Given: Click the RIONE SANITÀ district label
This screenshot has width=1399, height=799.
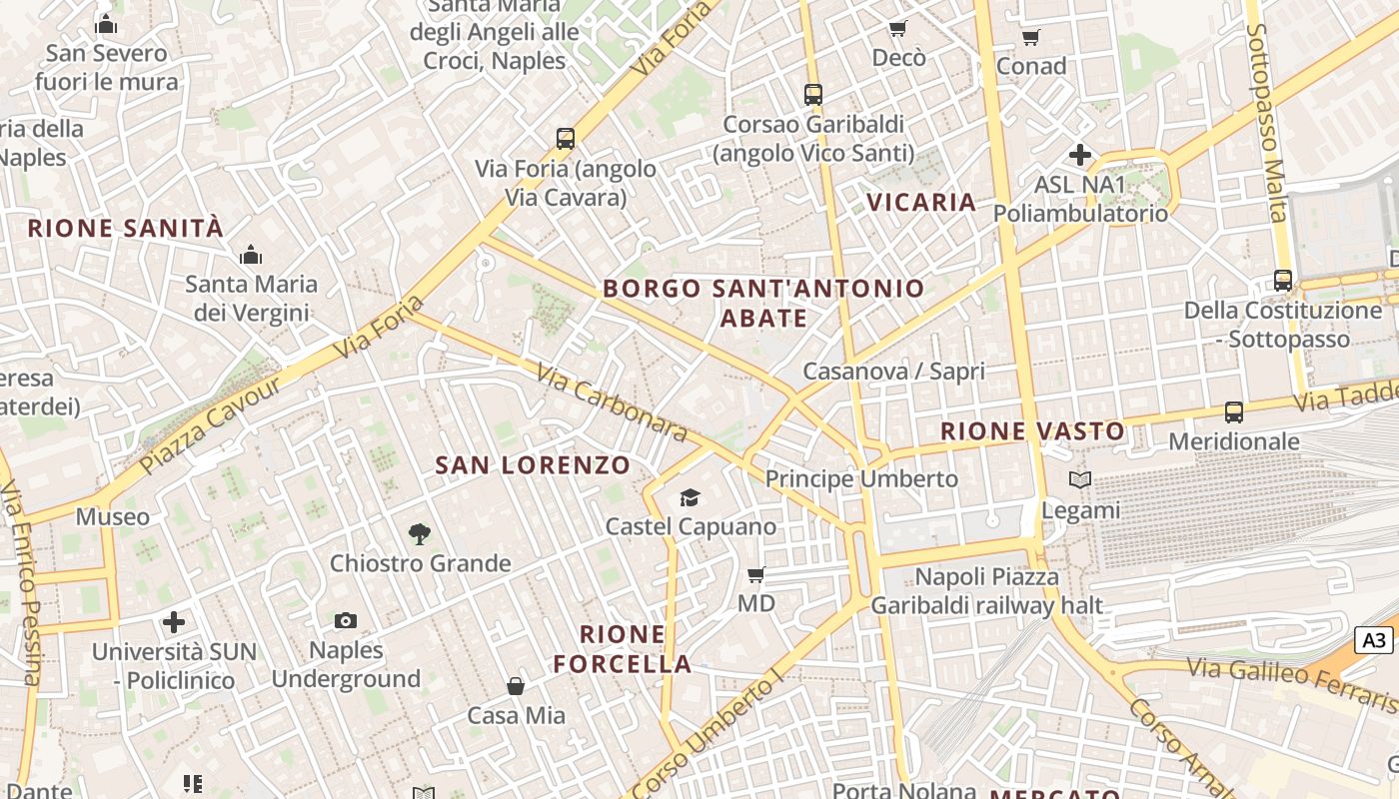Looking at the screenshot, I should (125, 228).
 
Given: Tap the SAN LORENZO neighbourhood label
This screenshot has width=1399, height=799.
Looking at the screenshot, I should (533, 464).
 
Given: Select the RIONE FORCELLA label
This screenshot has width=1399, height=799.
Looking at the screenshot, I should (623, 648).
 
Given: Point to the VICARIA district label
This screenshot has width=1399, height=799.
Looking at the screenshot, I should (921, 202).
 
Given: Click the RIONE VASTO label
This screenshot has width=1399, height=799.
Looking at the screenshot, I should (1032, 431).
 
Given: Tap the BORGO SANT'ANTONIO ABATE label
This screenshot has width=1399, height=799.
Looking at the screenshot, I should (764, 303).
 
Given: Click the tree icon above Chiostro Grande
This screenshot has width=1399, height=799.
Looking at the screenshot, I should (420, 534).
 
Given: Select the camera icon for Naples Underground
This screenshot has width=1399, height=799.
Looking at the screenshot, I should (346, 621).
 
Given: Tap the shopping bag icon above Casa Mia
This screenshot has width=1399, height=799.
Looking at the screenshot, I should (516, 686).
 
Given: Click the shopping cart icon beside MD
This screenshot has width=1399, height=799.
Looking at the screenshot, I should (756, 574).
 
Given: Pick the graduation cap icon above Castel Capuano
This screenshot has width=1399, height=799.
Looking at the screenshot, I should (690, 497).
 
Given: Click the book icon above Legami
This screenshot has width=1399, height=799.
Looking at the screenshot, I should (1080, 480).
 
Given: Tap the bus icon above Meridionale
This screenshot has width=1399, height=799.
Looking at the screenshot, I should (1234, 411).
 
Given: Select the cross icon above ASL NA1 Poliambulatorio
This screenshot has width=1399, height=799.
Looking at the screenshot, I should (1080, 155).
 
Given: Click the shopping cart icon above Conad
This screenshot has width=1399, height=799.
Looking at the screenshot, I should (1031, 38).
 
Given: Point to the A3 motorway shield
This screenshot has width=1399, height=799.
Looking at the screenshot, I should (1374, 640).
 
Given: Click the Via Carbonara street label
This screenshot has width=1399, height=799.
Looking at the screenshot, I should (612, 402).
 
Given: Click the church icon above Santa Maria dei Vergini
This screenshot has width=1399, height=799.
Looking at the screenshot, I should (250, 255).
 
